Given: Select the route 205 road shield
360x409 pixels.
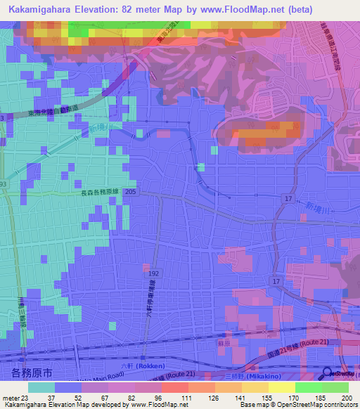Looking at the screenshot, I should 129,192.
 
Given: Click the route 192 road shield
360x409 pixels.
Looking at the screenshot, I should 154,271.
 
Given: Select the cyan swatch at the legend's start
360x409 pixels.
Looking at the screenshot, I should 41,387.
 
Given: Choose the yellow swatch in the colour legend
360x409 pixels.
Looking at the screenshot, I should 281,387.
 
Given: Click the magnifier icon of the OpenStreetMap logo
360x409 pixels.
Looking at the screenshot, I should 328,374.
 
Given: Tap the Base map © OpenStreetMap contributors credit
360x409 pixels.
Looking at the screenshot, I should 297,405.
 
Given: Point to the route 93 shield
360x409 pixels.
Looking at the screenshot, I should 4,184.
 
